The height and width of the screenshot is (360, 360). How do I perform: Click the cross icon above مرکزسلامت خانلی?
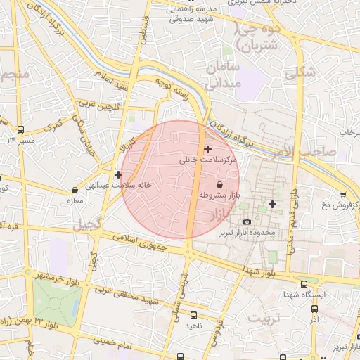coord(207,149)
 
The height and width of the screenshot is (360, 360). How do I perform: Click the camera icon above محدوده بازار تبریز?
coord(247,222)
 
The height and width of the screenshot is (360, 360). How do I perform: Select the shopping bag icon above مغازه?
coord(75,190)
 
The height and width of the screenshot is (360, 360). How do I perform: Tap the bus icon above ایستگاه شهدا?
coord(304,285)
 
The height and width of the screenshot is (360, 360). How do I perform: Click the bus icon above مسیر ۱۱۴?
coord(21,130)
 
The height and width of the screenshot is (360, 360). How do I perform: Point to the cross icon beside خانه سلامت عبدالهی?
coord(118,174)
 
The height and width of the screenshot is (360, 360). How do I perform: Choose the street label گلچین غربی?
coord(98,105)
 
